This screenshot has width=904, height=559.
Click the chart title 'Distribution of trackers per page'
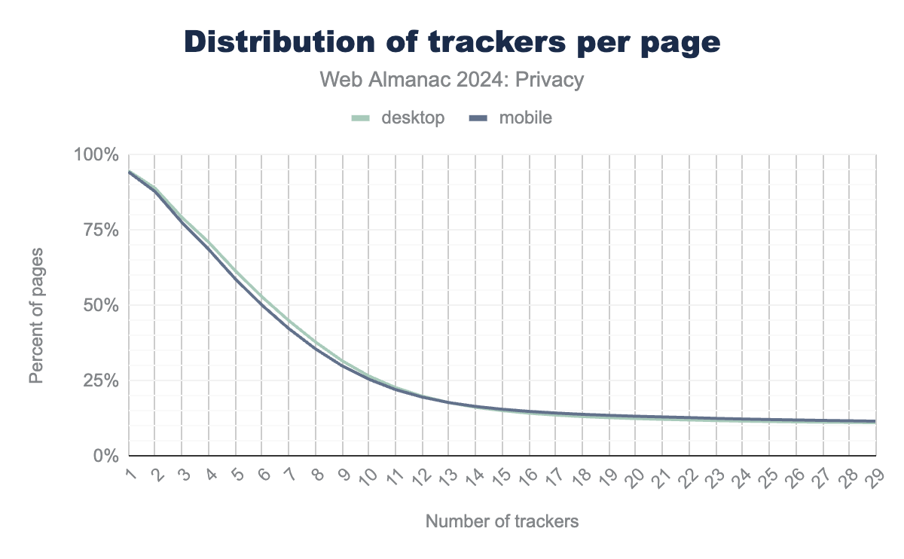[x=452, y=42]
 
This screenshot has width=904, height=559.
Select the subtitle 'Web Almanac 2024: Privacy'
[x=452, y=80]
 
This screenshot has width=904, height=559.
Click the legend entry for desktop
[x=399, y=118]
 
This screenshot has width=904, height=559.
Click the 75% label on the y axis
[x=100, y=231]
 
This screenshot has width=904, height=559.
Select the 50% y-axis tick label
[x=100, y=306]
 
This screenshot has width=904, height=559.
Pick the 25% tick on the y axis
[x=100, y=380]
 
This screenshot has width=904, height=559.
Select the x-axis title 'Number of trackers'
[x=502, y=521]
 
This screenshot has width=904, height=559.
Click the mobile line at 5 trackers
[x=236, y=279]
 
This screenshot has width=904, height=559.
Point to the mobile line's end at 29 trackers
[x=875, y=421]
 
